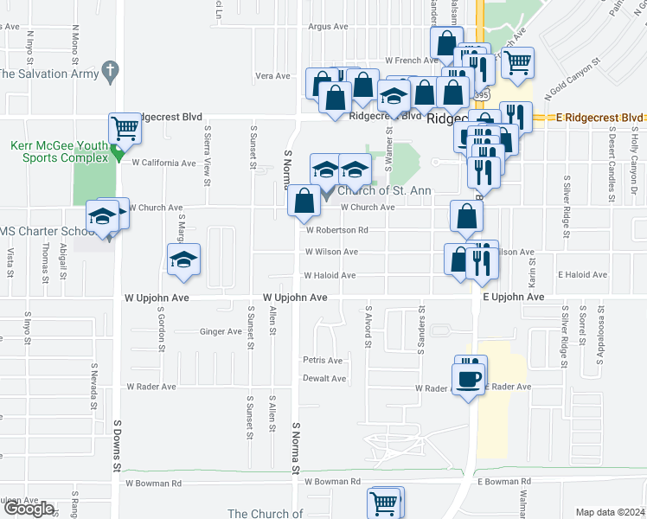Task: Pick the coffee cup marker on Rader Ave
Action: [468, 378]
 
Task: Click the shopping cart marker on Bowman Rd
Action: [384, 503]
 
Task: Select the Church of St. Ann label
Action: [384, 191]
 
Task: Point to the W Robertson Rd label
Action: [337, 230]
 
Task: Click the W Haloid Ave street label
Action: [329, 276]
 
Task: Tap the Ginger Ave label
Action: [221, 331]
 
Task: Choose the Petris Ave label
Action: [323, 360]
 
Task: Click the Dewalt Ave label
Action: [324, 378]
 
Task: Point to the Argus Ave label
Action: [327, 27]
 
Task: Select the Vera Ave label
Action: [272, 76]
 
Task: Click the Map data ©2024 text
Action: [611, 512]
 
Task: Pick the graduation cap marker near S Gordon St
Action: [184, 260]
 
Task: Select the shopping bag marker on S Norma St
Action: [304, 202]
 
